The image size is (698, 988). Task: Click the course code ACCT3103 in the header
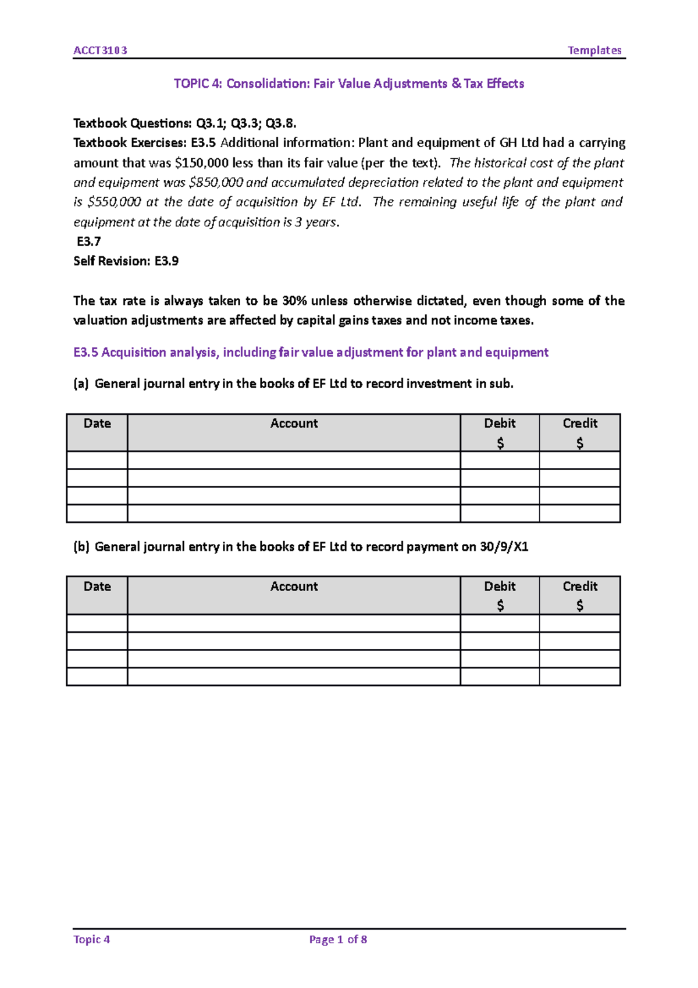point(100,51)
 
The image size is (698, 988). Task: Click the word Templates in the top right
point(594,51)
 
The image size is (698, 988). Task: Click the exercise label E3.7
point(88,241)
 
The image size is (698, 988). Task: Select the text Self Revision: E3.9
point(126,261)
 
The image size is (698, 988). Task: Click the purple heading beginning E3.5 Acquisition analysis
point(311,353)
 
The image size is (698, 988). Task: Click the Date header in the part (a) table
point(97,424)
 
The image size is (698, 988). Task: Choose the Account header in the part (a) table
point(294,424)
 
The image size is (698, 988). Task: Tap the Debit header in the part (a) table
point(500,424)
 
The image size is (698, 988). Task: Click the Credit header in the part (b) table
point(580,587)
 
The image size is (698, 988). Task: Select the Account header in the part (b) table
point(294,587)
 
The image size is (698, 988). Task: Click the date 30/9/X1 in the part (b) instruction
point(504,547)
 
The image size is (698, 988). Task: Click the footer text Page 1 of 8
point(338,940)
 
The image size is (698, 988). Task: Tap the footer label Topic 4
point(91,940)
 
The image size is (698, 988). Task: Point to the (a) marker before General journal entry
point(81,384)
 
